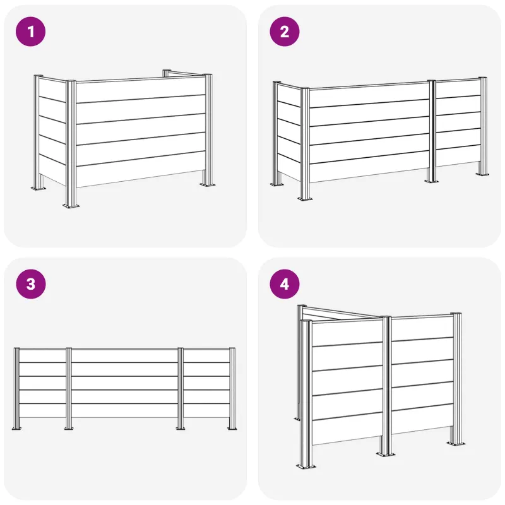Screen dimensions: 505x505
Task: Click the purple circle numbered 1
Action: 30,32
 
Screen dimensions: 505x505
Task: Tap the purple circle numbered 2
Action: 285,32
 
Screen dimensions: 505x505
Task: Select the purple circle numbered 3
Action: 30,284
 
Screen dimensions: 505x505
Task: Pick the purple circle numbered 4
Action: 285,284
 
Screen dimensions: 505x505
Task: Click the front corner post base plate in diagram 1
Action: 71,205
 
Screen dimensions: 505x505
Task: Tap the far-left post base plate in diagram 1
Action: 38,188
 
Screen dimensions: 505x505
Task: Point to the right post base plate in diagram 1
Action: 208,184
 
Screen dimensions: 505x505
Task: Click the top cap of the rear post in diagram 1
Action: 167,71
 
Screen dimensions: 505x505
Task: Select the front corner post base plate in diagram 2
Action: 305,198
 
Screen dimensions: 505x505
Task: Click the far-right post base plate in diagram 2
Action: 482,174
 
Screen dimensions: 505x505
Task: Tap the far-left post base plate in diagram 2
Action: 277,184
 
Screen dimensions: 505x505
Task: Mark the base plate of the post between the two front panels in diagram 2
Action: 432,181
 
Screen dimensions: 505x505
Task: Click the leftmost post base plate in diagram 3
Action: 16,428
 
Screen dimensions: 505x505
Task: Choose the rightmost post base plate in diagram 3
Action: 232,428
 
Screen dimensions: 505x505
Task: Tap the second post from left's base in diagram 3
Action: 69,428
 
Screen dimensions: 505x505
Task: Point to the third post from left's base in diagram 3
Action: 181,428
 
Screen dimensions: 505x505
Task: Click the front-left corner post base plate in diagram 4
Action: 306,466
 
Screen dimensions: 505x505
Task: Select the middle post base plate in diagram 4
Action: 386,454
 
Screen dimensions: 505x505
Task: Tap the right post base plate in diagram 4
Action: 456,444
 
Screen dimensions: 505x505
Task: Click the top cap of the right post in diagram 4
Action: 456,314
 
